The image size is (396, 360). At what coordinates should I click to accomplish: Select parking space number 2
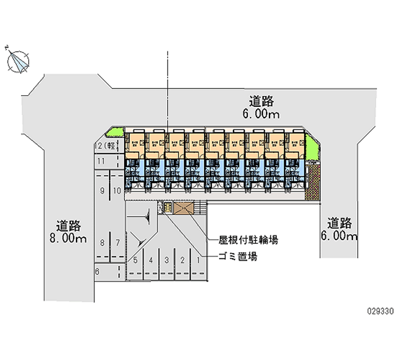pyautogui.click(x=183, y=259)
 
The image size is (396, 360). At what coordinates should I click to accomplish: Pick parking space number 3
pyautogui.click(x=167, y=259)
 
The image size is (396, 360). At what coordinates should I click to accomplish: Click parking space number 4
pyautogui.click(x=151, y=259)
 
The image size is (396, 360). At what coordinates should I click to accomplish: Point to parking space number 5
pyautogui.click(x=135, y=259)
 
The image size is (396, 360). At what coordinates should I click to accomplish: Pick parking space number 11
pyautogui.click(x=101, y=161)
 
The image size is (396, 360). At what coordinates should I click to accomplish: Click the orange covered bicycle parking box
pyautogui.click(x=184, y=208)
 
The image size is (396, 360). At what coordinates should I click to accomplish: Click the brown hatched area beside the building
pyautogui.click(x=313, y=183)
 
